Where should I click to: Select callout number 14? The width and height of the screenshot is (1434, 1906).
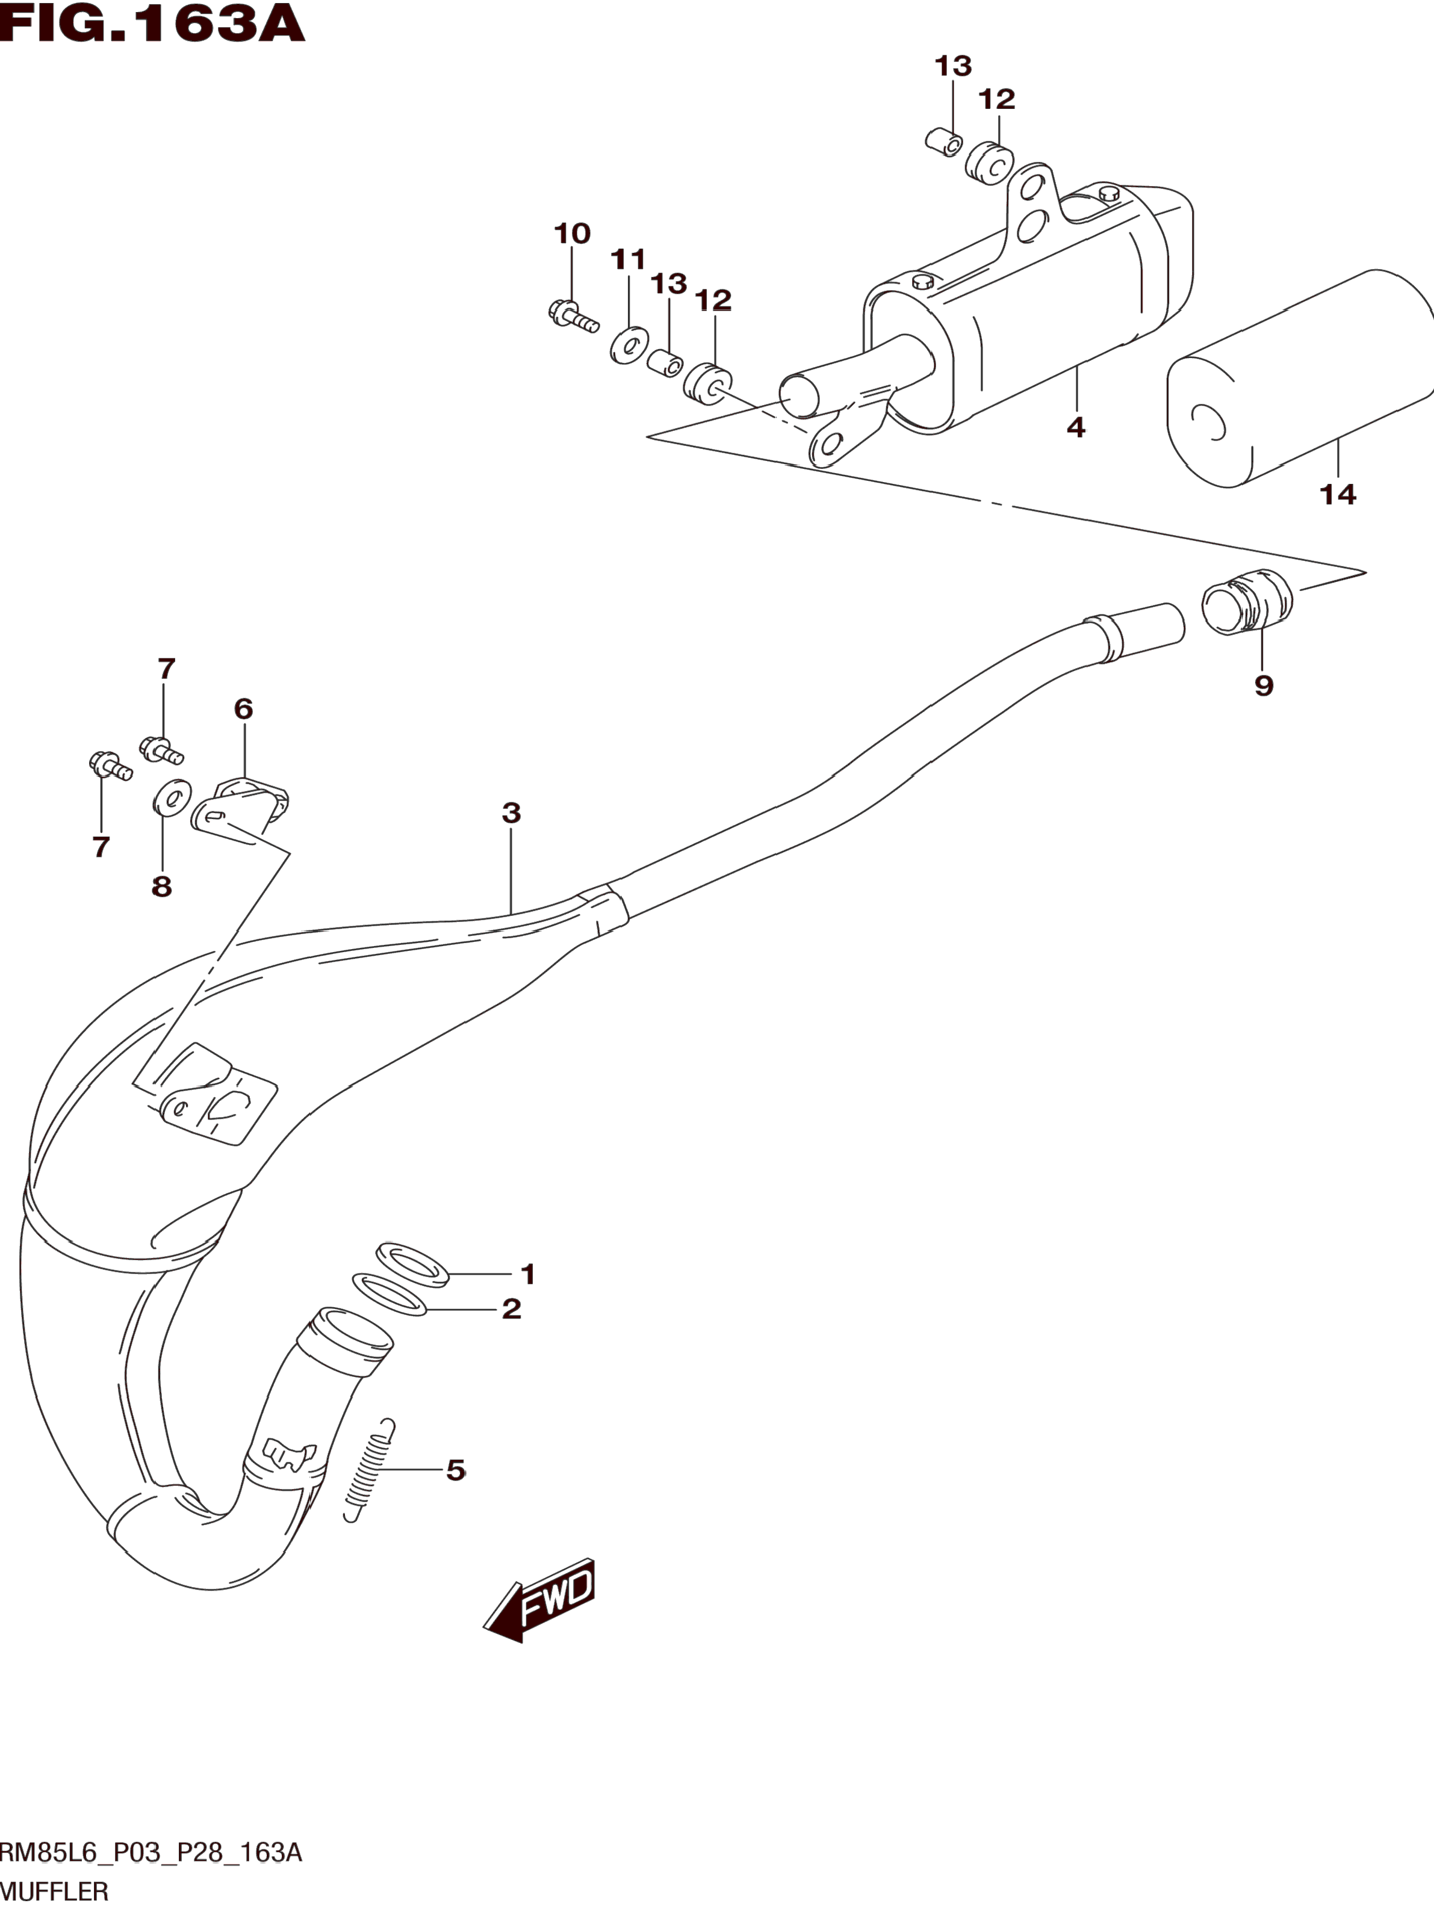point(1338,495)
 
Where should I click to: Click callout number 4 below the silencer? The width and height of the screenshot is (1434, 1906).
point(1075,427)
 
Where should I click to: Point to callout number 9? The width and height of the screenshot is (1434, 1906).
point(1264,686)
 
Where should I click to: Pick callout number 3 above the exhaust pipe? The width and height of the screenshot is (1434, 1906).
point(511,812)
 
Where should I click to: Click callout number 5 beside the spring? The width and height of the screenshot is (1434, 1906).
point(456,1470)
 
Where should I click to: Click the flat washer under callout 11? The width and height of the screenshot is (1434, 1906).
point(629,345)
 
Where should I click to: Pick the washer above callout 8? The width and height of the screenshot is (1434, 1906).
point(172,798)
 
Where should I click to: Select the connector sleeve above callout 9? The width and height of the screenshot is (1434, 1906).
point(1247,601)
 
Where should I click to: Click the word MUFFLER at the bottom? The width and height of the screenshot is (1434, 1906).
point(54,1892)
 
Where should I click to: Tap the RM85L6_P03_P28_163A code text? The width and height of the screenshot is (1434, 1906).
point(151,1852)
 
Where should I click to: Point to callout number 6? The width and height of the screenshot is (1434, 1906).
point(244,709)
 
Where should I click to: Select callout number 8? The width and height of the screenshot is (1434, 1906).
point(161,886)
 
